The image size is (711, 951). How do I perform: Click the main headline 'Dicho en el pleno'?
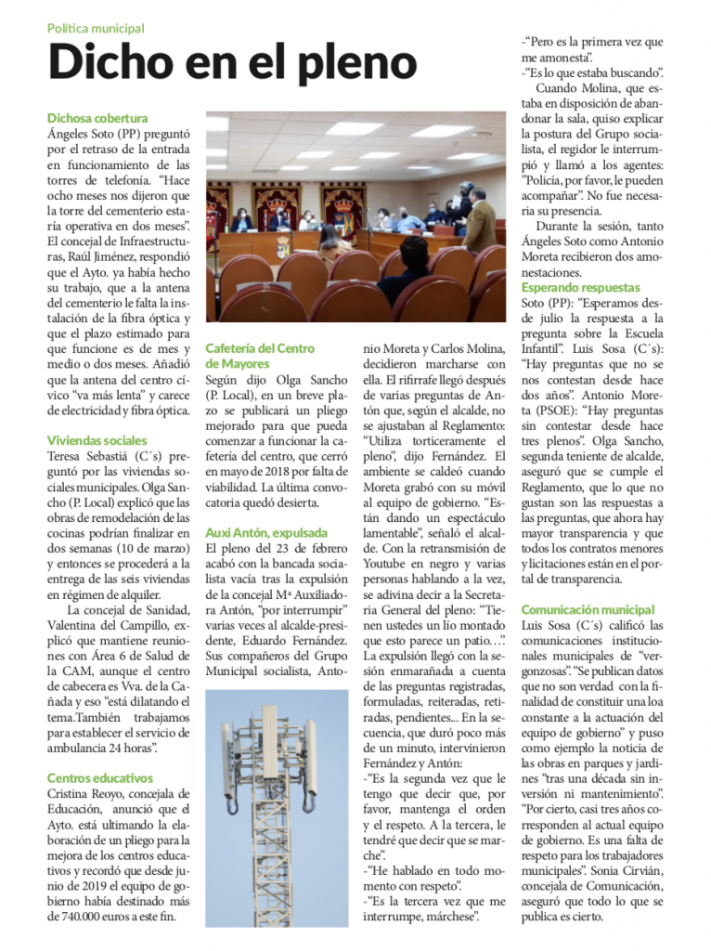[x=232, y=62]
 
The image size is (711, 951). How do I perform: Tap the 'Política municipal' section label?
[x=97, y=29]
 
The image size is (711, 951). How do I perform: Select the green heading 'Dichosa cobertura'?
[x=97, y=119]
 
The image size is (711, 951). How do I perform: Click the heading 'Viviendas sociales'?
[x=97, y=440]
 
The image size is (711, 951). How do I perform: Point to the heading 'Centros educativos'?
[x=100, y=778]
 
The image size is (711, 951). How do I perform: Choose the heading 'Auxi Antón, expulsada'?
[x=266, y=533]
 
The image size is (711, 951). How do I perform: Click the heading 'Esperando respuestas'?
[x=579, y=288]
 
